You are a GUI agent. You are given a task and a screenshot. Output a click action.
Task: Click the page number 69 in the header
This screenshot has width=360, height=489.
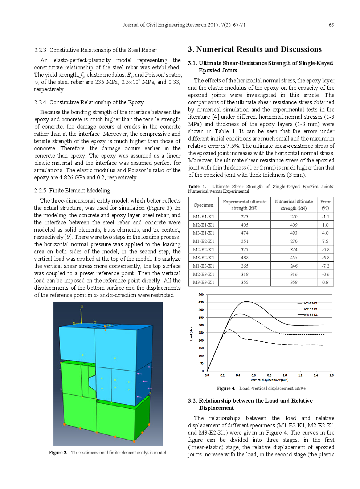click(x=331, y=25)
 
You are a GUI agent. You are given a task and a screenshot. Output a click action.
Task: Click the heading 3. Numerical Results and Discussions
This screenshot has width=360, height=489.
click(x=254, y=49)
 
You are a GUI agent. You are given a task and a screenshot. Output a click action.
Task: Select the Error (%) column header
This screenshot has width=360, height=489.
click(x=325, y=205)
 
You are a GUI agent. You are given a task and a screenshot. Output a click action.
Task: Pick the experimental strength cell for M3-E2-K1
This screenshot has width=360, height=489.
click(x=245, y=258)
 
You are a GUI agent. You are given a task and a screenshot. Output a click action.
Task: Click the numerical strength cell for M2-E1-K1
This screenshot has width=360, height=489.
click(x=294, y=225)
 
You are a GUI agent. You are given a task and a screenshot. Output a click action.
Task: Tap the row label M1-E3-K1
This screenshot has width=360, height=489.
click(x=203, y=266)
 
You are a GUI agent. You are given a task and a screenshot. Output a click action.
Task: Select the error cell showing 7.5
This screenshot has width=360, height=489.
click(x=325, y=241)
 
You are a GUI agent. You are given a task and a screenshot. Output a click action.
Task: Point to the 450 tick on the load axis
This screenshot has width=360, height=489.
click(x=201, y=302)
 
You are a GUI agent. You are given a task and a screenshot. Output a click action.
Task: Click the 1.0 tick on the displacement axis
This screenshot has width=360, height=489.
click(x=285, y=375)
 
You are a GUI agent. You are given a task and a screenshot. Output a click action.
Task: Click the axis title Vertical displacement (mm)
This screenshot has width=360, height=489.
click(x=269, y=380)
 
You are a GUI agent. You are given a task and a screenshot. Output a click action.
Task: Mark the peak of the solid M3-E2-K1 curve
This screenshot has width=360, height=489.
click(x=246, y=301)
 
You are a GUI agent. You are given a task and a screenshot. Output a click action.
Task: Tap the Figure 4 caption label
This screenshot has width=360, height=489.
click(x=226, y=388)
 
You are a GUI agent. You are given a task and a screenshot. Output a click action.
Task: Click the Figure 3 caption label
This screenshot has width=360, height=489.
click(x=58, y=453)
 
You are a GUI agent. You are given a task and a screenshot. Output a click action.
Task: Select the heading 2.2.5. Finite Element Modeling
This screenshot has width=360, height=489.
click(x=72, y=191)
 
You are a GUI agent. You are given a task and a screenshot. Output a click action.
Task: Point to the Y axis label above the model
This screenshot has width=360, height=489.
click(x=82, y=307)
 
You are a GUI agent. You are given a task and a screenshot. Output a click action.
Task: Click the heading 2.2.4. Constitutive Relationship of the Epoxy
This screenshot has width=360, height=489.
click(x=89, y=102)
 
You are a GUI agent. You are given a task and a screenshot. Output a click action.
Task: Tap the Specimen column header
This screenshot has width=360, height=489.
click(x=203, y=205)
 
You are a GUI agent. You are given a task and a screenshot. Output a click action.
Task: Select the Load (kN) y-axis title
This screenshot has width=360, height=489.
click(x=191, y=334)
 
